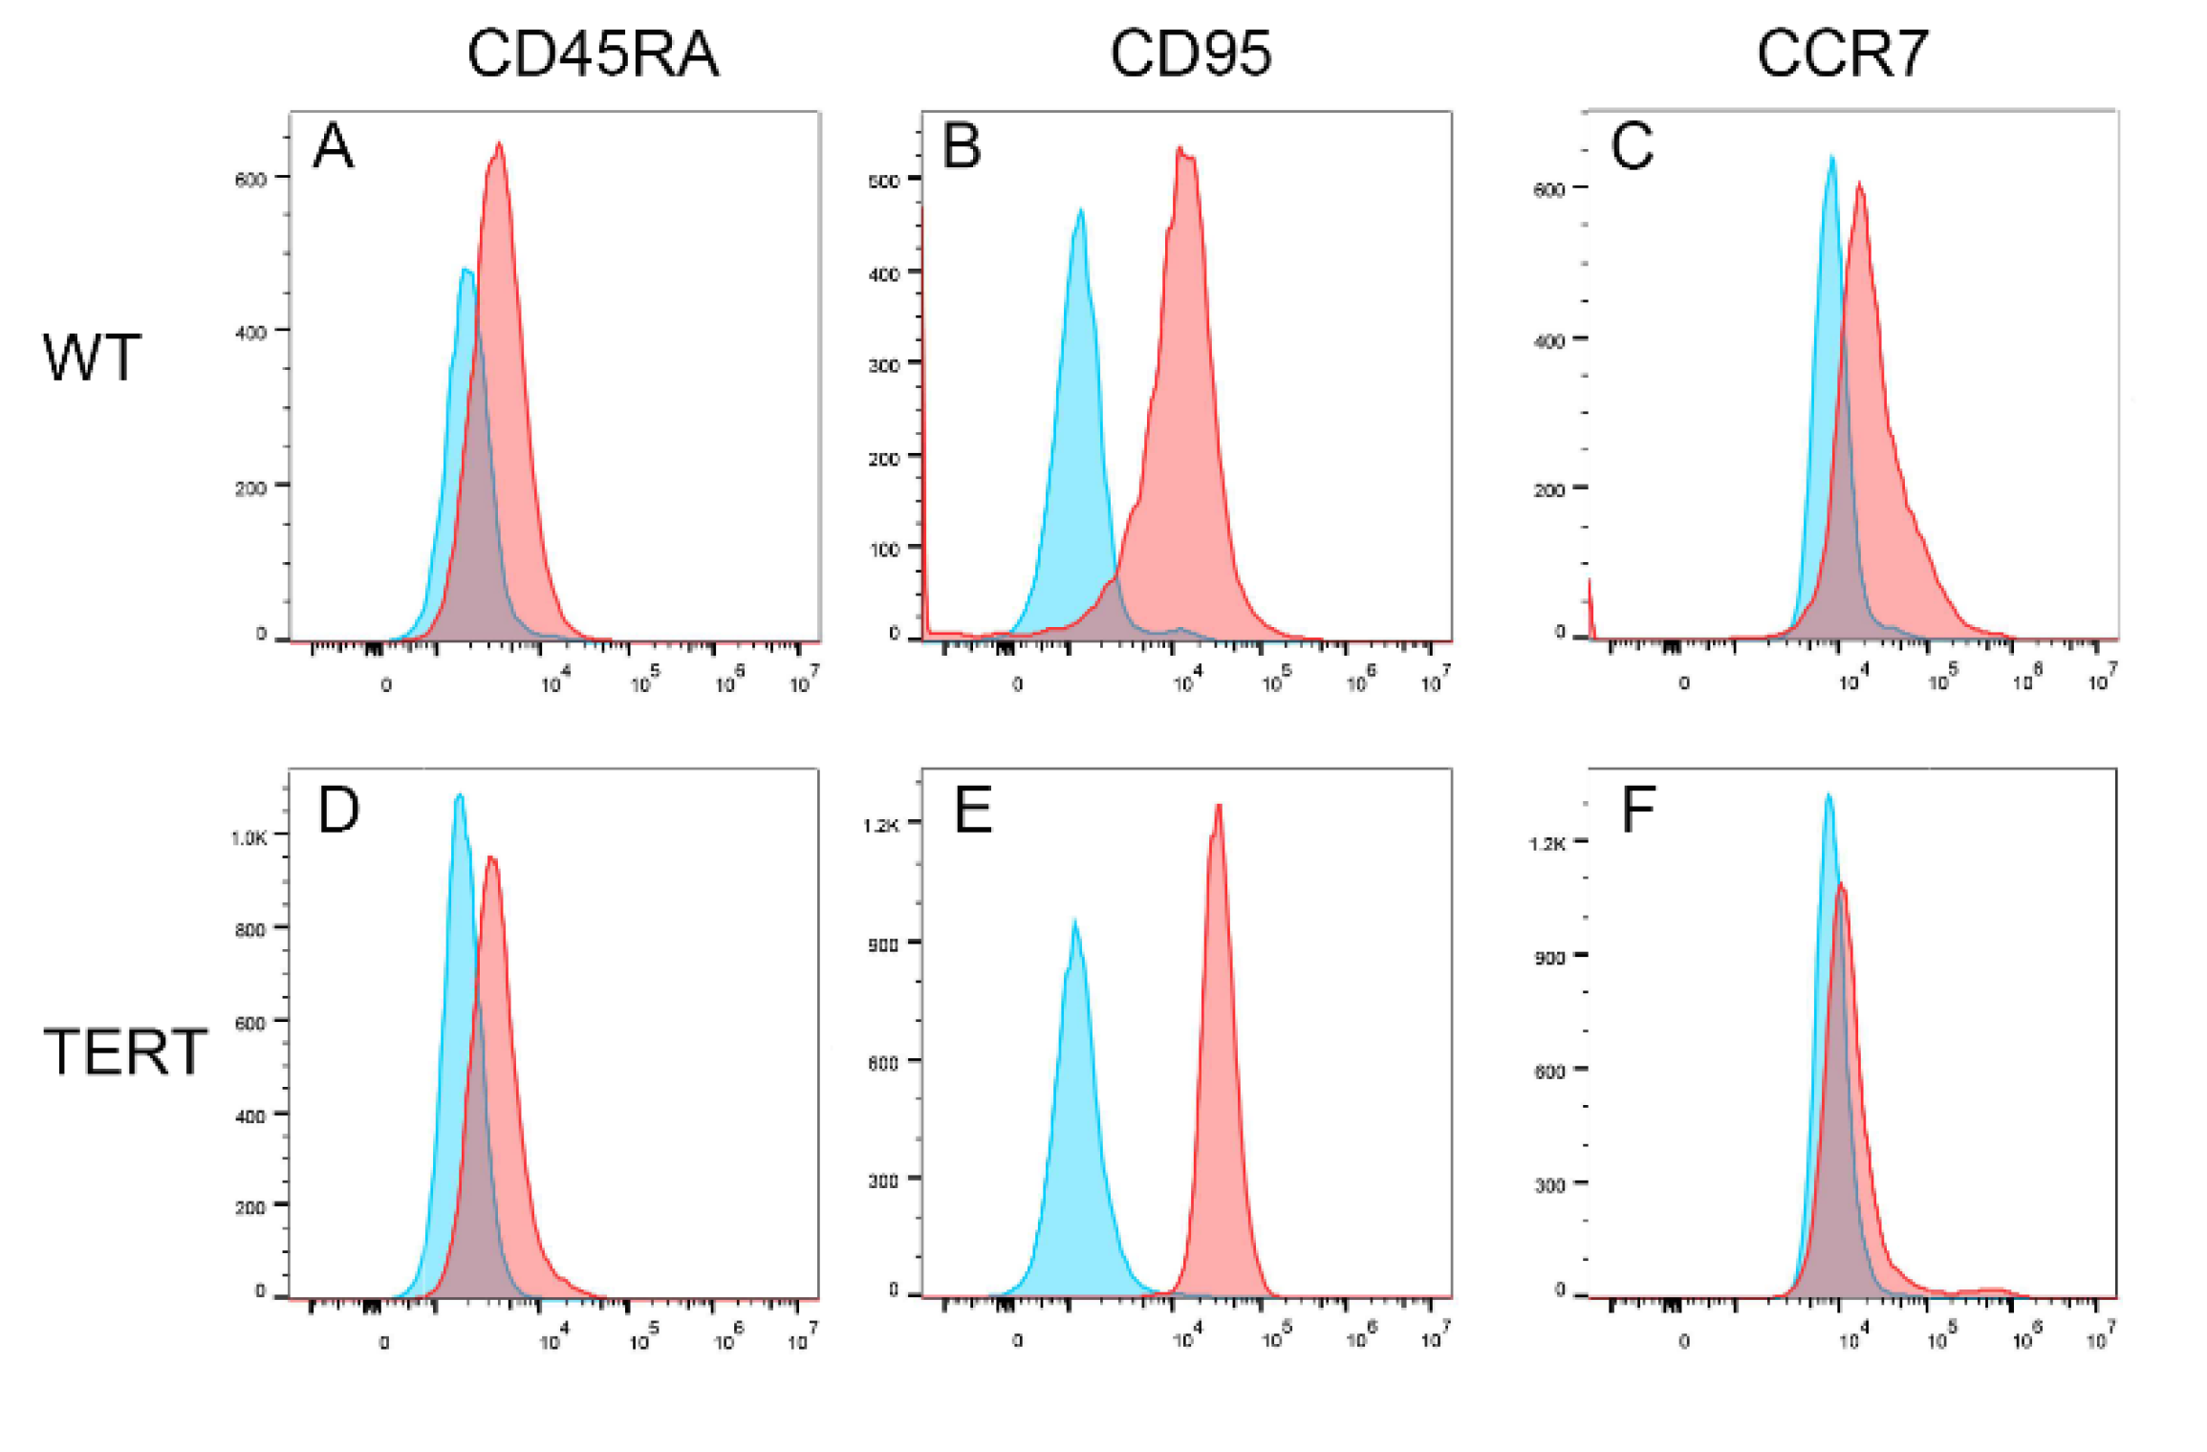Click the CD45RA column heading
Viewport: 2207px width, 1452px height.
pyautogui.click(x=593, y=54)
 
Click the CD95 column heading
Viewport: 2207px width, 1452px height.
pyautogui.click(x=1190, y=54)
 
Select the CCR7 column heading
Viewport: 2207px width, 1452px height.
pyautogui.click(x=1842, y=54)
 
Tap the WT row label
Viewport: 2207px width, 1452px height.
pyautogui.click(x=93, y=358)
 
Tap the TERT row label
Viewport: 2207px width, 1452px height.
pyautogui.click(x=125, y=1052)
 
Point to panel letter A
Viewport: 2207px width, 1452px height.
pyautogui.click(x=334, y=147)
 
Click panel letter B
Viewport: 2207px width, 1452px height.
pyautogui.click(x=962, y=147)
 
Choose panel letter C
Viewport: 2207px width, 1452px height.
pyautogui.click(x=1632, y=147)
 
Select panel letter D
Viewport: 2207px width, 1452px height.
pyautogui.click(x=338, y=810)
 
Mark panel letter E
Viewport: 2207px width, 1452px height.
pyautogui.click(x=973, y=810)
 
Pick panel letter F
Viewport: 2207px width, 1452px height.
pyautogui.click(x=1638, y=810)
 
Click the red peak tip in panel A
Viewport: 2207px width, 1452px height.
pyautogui.click(x=499, y=143)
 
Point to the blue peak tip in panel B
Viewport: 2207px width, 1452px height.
pyautogui.click(x=1081, y=209)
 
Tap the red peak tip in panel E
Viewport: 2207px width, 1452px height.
pyautogui.click(x=1219, y=805)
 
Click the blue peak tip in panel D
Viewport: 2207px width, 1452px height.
pyautogui.click(x=460, y=794)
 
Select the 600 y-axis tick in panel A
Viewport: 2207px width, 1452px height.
pyautogui.click(x=250, y=180)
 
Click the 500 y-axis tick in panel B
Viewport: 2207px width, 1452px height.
pyautogui.click(x=884, y=181)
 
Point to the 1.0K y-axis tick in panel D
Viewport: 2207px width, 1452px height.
pyautogui.click(x=249, y=838)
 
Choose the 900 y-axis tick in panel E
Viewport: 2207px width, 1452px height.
pyautogui.click(x=883, y=944)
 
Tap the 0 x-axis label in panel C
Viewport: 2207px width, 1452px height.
pyautogui.click(x=1684, y=683)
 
